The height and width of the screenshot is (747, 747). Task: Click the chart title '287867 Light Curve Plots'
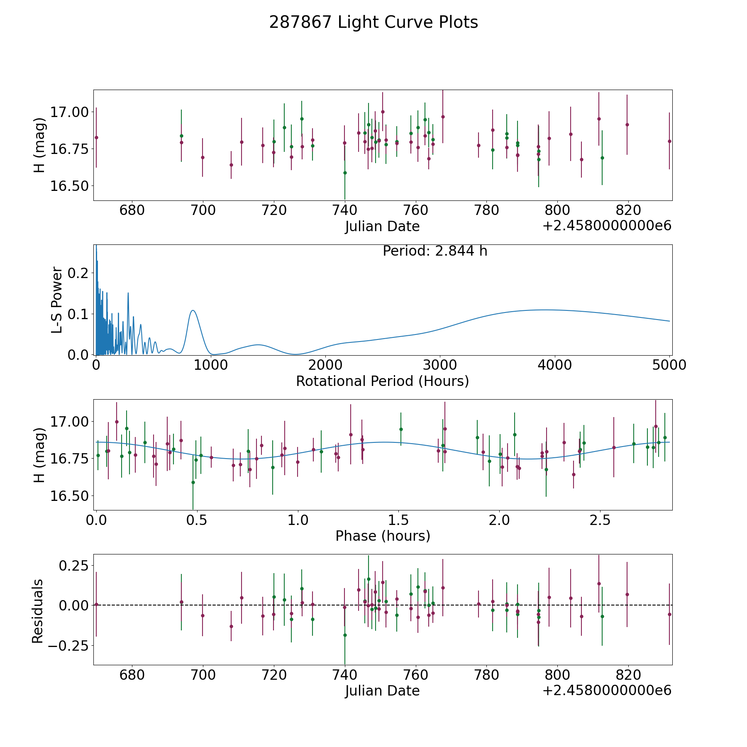click(373, 22)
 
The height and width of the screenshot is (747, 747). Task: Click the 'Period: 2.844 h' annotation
click(435, 251)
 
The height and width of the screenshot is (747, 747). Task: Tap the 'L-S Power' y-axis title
click(57, 300)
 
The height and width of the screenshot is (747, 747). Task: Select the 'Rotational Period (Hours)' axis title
click(382, 381)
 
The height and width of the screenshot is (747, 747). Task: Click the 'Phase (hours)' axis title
click(383, 536)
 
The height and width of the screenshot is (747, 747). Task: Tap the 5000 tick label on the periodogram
click(669, 365)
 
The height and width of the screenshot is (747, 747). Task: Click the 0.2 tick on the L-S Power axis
click(78, 273)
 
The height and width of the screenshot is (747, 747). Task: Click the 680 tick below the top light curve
click(132, 210)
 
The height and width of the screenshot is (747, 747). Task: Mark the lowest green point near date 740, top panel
click(345, 173)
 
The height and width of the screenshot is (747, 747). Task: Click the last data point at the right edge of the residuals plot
click(669, 614)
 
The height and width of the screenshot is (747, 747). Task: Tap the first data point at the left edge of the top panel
click(96, 137)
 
